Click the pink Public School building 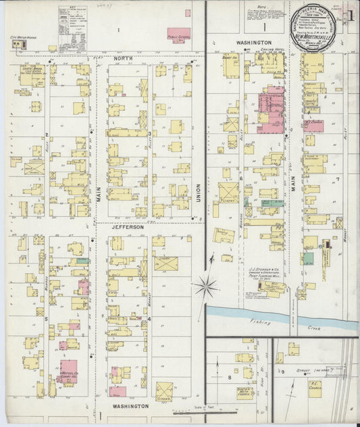178,34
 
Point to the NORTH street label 123,59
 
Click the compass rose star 205,286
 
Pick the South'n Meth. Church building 245,392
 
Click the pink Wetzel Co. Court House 67,371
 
